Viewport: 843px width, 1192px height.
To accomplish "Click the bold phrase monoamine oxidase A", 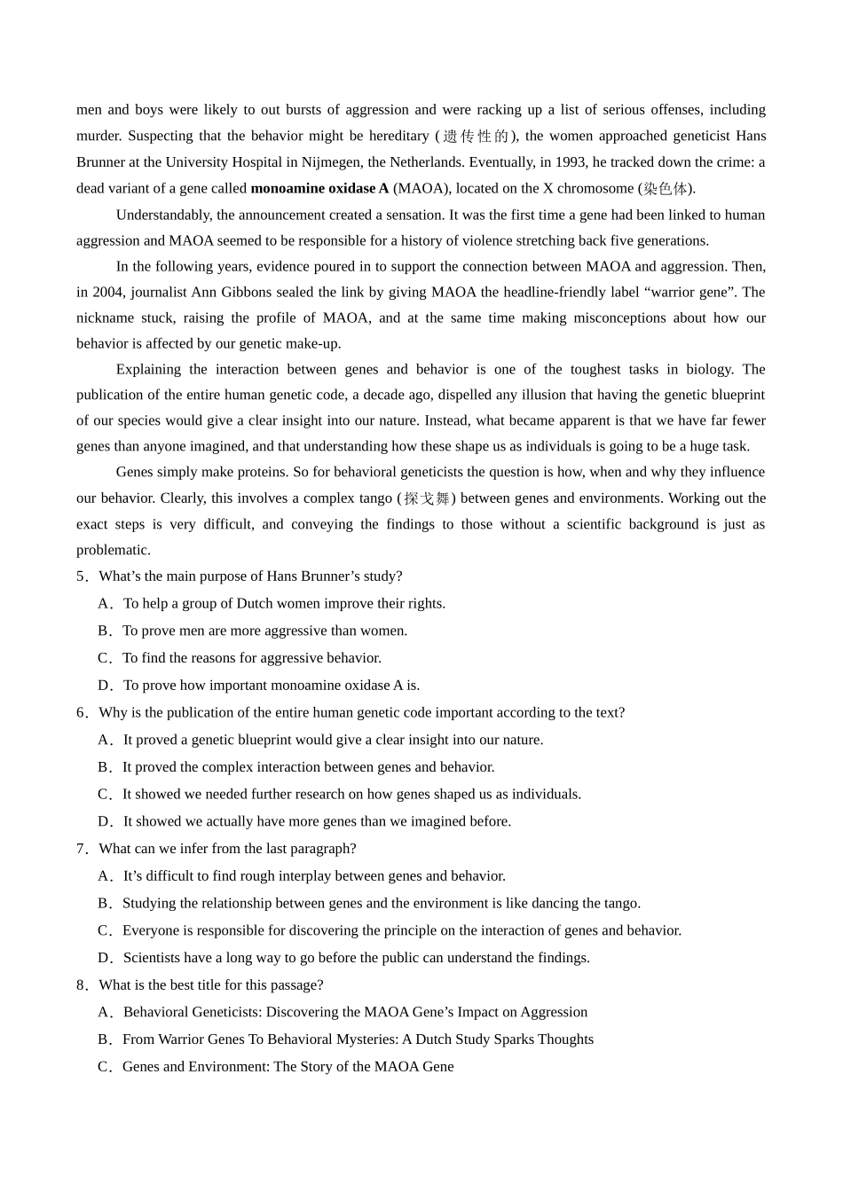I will (x=319, y=188).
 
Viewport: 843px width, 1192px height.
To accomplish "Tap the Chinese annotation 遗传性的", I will (x=477, y=136).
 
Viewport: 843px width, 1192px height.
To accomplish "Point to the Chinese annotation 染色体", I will (x=665, y=188).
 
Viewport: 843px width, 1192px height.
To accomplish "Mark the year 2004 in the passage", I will (x=108, y=292).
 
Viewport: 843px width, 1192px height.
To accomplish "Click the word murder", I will (x=98, y=136).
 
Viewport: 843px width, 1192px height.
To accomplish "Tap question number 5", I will (x=82, y=576).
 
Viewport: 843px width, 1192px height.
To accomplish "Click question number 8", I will (x=82, y=985).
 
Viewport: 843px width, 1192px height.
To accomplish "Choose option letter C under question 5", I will (x=104, y=658).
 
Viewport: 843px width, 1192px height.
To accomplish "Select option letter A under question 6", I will (x=104, y=740).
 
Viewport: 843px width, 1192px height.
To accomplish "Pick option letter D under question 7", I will (x=104, y=958).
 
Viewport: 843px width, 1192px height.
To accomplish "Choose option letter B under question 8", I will (x=104, y=1039).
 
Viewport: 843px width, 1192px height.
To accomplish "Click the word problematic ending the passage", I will (x=113, y=550).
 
